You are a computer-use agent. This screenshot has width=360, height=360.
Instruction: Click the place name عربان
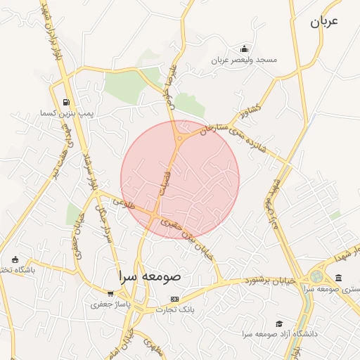click(323, 21)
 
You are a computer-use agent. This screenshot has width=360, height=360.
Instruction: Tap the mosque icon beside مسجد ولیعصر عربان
click(244, 49)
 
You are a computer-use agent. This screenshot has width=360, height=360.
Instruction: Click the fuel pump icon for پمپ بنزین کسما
click(66, 101)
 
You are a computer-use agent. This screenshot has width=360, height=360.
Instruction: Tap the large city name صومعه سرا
click(150, 276)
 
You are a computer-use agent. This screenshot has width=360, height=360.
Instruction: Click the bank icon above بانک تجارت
click(174, 299)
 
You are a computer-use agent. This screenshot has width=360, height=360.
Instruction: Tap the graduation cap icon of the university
click(279, 323)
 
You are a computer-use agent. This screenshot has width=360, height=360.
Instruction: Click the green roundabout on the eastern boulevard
click(317, 278)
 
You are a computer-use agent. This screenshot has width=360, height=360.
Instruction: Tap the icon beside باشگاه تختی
click(15, 260)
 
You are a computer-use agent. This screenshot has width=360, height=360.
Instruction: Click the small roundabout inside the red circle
click(179, 139)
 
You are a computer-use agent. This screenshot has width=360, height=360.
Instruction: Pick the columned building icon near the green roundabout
click(339, 278)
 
